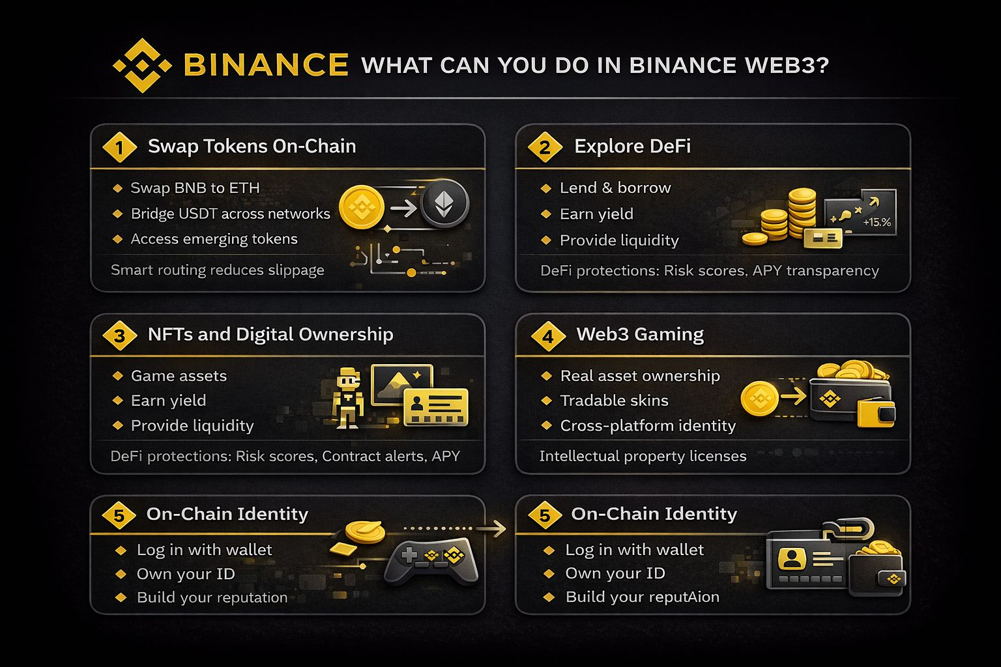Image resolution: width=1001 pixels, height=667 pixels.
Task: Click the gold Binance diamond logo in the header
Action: (x=142, y=66)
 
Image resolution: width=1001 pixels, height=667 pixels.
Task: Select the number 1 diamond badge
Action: (x=119, y=147)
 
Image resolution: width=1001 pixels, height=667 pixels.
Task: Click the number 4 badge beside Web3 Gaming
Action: (x=548, y=336)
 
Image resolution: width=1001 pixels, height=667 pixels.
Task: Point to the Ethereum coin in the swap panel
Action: (x=444, y=203)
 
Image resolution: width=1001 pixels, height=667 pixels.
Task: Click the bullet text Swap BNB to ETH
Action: (x=195, y=188)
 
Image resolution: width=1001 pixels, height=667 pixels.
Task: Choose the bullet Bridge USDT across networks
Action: (x=231, y=214)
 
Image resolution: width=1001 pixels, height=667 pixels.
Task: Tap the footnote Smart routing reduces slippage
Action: (x=217, y=270)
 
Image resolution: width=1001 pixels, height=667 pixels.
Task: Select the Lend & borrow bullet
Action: (x=615, y=188)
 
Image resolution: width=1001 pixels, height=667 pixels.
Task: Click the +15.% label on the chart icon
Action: (x=877, y=222)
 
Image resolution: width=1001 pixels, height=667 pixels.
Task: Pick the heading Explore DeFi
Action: (x=632, y=146)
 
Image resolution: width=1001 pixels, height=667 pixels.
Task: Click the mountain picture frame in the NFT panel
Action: (x=401, y=385)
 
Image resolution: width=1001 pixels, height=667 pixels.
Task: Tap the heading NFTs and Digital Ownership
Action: (x=270, y=334)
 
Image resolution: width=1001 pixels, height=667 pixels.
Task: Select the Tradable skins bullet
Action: (x=615, y=401)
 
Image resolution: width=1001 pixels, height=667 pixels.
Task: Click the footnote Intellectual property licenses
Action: (x=643, y=456)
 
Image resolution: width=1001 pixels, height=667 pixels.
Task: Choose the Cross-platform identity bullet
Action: (x=648, y=425)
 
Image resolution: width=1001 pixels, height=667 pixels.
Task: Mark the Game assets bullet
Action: (x=179, y=376)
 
